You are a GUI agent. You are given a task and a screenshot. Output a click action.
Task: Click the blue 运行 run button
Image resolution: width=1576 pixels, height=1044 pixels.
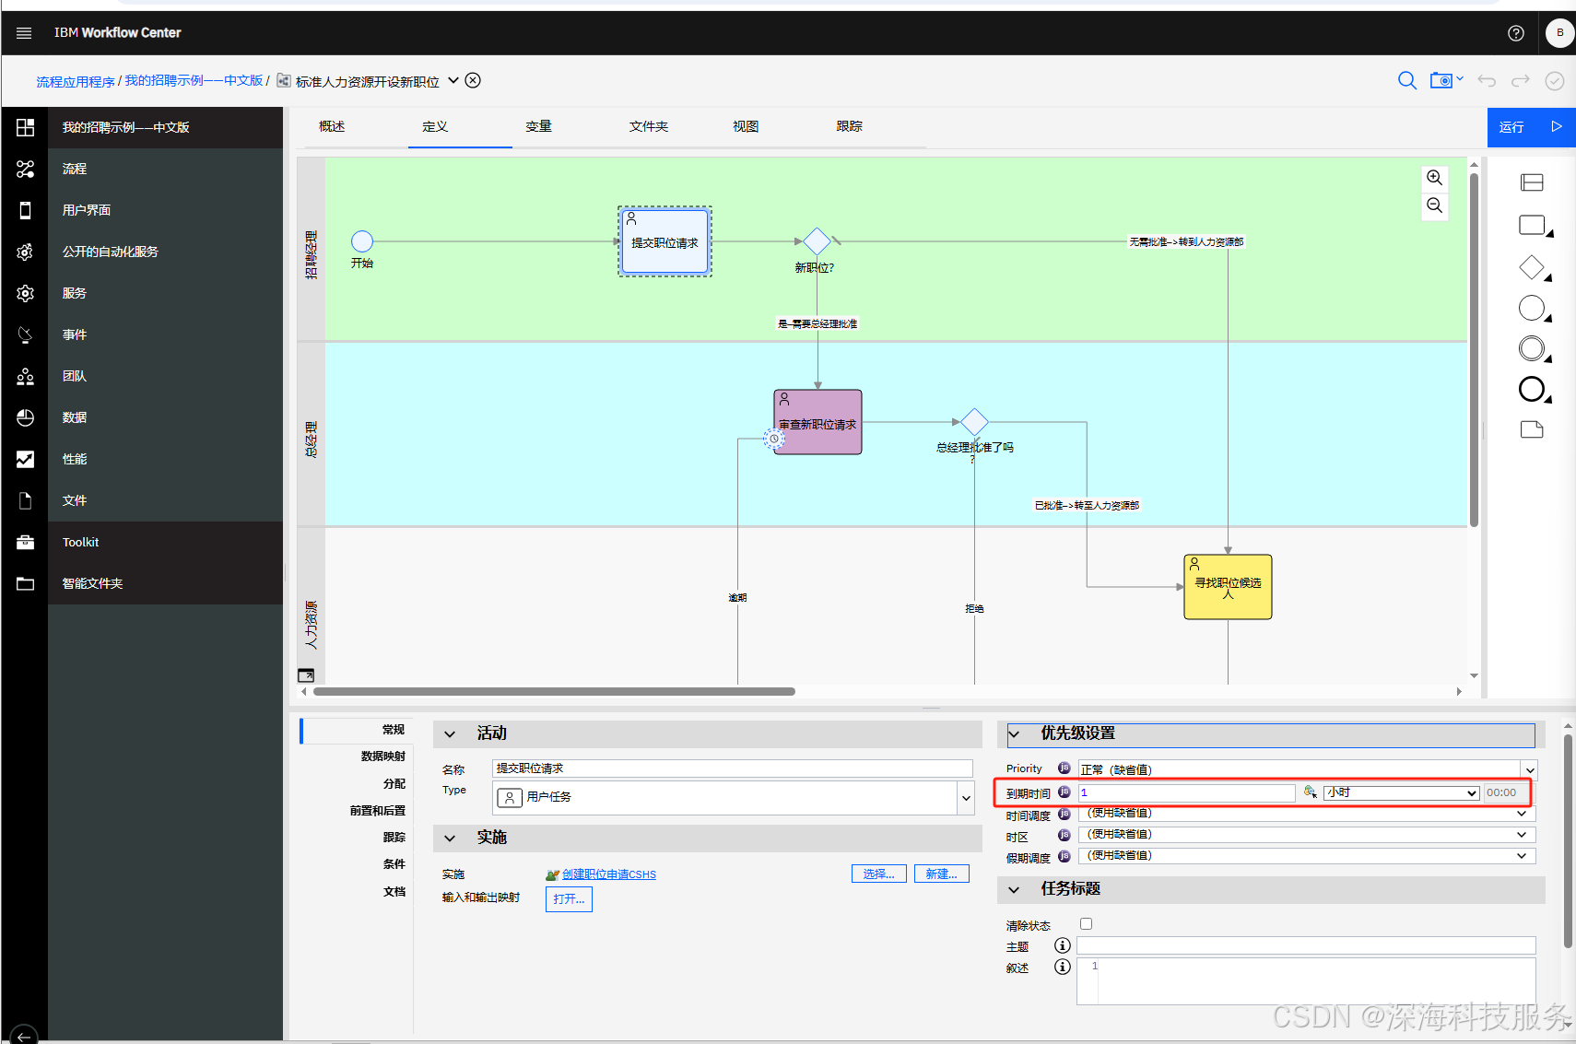pyautogui.click(x=1530, y=127)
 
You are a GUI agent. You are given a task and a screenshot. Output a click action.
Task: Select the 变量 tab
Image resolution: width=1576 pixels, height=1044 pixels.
pyautogui.click(x=538, y=126)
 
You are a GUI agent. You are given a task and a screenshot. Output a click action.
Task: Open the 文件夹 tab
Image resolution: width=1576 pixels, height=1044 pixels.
pyautogui.click(x=648, y=126)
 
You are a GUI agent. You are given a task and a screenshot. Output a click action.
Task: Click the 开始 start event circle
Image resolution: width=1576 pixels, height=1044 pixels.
pyautogui.click(x=362, y=241)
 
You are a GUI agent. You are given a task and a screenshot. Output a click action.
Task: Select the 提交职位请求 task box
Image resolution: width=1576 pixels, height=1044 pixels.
pyautogui.click(x=665, y=242)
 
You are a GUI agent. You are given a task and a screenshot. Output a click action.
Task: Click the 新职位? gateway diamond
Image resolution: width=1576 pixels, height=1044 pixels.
pyautogui.click(x=817, y=241)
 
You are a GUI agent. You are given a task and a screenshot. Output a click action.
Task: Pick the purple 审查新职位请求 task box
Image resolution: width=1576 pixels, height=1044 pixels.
pyautogui.click(x=818, y=422)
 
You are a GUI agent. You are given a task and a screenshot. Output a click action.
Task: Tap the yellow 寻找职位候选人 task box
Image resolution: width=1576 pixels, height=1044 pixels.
pyautogui.click(x=1228, y=587)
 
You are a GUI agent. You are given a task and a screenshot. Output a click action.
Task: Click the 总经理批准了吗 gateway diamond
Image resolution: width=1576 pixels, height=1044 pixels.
pyautogui.click(x=974, y=423)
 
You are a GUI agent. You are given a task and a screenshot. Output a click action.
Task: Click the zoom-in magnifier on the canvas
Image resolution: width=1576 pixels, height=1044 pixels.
pyautogui.click(x=1434, y=178)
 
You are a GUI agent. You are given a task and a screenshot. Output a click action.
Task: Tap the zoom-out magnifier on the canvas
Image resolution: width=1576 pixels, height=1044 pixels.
pyautogui.click(x=1434, y=205)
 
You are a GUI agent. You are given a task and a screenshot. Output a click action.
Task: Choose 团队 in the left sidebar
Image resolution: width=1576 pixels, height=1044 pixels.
pyautogui.click(x=75, y=376)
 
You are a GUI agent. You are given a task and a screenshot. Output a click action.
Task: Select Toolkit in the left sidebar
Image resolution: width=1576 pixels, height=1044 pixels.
pyautogui.click(x=80, y=542)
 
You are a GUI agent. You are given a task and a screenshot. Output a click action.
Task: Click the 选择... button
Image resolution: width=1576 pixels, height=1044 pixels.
pyautogui.click(x=878, y=874)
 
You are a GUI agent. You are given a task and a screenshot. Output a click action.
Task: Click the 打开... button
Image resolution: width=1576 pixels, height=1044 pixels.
pyautogui.click(x=569, y=898)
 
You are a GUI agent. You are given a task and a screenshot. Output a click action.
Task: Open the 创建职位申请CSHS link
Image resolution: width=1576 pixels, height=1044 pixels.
pyautogui.click(x=608, y=874)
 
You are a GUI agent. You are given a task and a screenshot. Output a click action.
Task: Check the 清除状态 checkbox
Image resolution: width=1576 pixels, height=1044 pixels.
pyautogui.click(x=1086, y=924)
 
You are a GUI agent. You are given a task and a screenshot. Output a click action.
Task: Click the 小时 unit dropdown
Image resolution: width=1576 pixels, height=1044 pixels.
pyautogui.click(x=1401, y=792)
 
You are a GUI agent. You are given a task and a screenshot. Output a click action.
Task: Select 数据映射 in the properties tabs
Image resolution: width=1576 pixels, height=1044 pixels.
pyautogui.click(x=382, y=757)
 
